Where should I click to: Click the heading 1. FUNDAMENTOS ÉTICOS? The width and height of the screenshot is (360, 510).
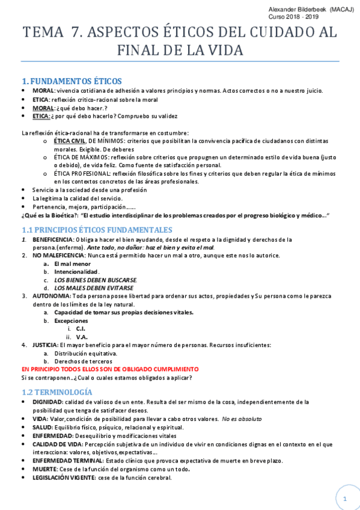click(x=72, y=81)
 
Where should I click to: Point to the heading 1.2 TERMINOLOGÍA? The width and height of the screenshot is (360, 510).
click(x=56, y=392)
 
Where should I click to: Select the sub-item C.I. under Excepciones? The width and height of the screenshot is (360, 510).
click(x=81, y=328)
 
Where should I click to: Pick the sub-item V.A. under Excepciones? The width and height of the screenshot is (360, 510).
click(x=82, y=337)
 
